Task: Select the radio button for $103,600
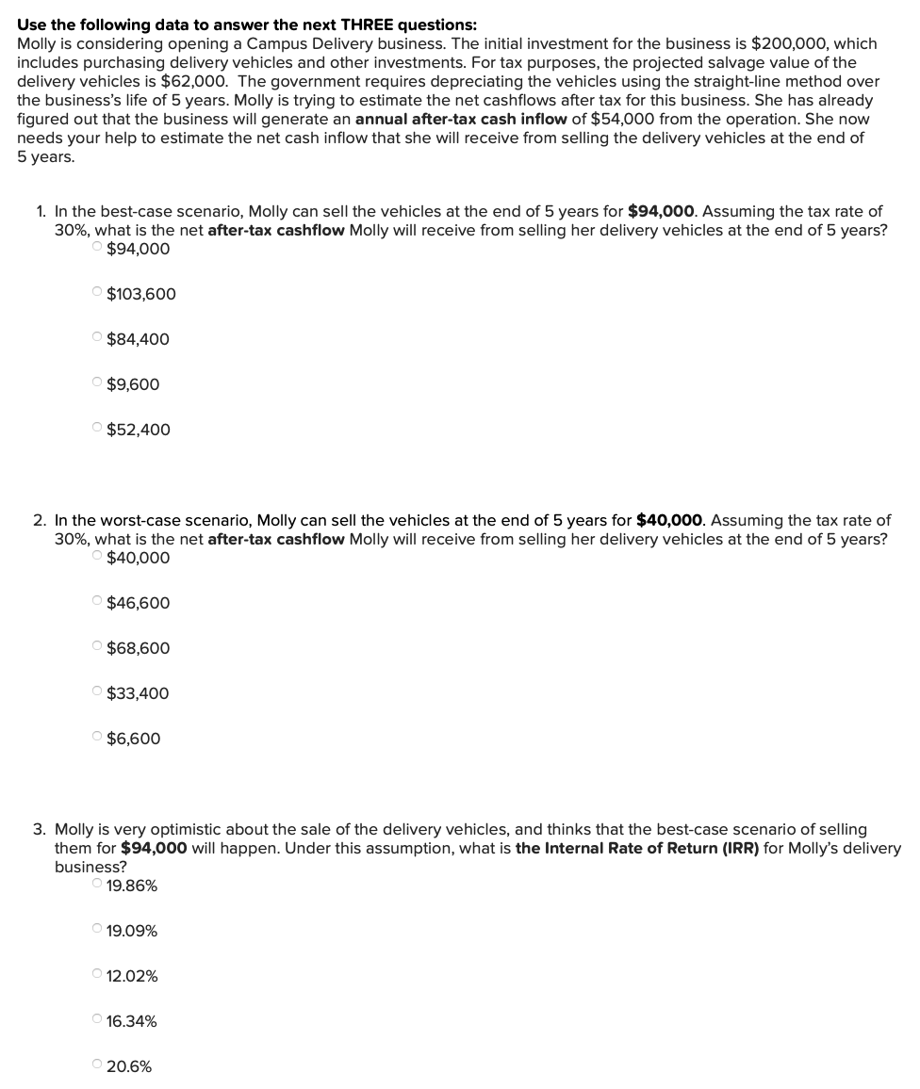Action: [x=98, y=294]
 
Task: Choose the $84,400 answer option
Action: [x=98, y=339]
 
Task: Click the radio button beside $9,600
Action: [x=98, y=384]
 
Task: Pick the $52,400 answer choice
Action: [x=98, y=430]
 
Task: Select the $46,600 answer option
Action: [x=98, y=603]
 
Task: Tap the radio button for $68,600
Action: [x=98, y=648]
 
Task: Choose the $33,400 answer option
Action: [x=98, y=693]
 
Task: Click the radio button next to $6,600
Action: [x=98, y=739]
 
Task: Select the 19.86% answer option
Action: [x=98, y=886]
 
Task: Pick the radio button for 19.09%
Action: [x=98, y=931]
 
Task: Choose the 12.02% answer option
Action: [x=98, y=976]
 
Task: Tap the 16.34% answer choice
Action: [x=98, y=1021]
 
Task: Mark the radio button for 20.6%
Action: [x=98, y=1066]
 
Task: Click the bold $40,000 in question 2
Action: [x=671, y=520]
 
